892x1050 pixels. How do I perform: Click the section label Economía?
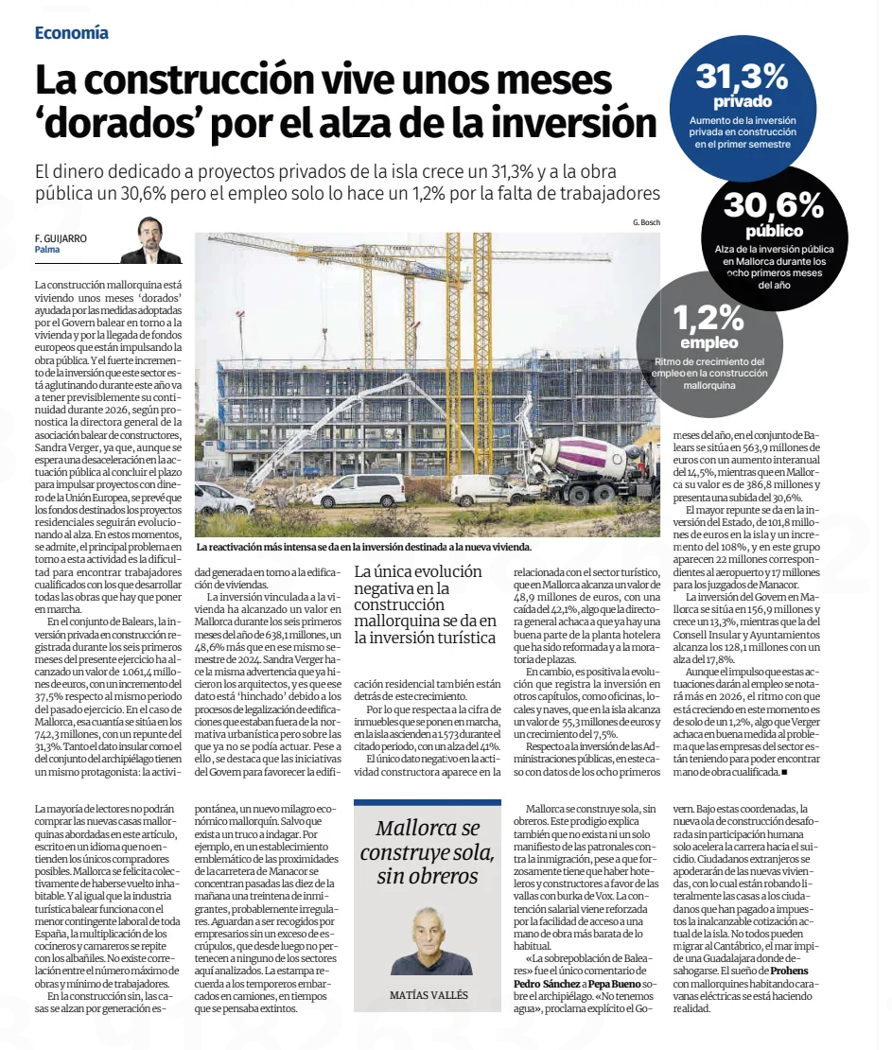point(72,33)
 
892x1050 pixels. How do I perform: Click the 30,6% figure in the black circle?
point(773,205)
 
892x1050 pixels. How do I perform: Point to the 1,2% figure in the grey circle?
point(708,316)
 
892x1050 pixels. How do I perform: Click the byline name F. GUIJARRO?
point(61,238)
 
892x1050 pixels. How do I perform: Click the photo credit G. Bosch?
point(647,223)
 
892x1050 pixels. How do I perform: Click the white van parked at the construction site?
point(359,489)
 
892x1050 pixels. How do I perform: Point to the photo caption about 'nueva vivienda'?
point(363,547)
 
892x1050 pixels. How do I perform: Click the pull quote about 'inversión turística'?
point(425,604)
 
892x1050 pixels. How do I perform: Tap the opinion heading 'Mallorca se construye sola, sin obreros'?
point(427,851)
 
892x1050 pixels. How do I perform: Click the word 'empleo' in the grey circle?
point(708,341)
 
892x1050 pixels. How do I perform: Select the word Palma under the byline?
point(47,250)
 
